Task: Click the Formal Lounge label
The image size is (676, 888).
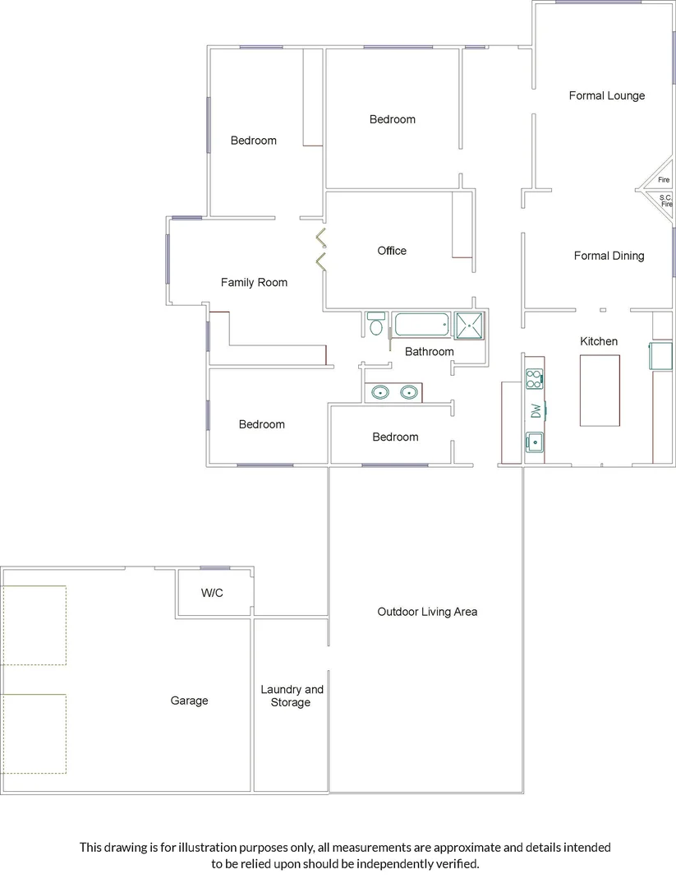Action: point(606,95)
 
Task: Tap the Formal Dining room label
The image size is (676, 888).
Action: point(609,256)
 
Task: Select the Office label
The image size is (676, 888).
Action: point(392,251)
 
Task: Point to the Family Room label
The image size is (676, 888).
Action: point(254,282)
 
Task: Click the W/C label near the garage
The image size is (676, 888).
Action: point(214,593)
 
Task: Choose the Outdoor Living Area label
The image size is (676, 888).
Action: point(427,612)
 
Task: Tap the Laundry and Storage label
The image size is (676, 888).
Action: point(292,696)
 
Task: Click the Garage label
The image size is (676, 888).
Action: point(189,701)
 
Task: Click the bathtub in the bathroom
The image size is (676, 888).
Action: point(421,324)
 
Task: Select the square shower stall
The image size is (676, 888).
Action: point(470,325)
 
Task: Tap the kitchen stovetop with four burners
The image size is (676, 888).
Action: point(534,379)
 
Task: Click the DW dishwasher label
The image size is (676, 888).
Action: point(536,410)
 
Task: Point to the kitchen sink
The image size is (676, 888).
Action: point(534,442)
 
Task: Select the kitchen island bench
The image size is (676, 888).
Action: point(600,390)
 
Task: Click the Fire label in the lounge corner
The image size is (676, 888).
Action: point(664,180)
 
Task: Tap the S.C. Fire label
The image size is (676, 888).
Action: point(665,201)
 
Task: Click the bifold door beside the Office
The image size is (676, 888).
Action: point(321,251)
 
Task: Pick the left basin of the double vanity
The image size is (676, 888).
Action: point(380,392)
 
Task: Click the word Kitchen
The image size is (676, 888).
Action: point(599,341)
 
